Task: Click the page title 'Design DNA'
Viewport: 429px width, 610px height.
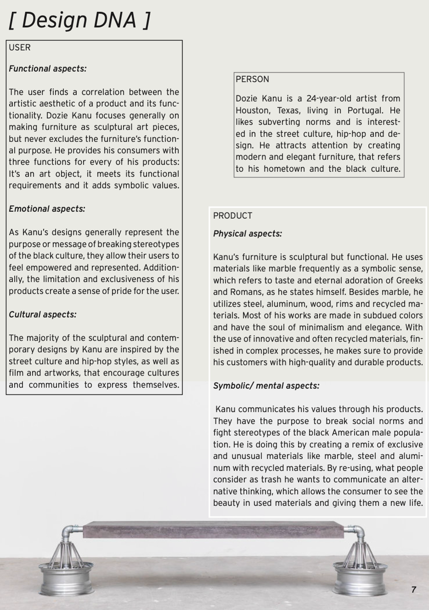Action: [80, 21]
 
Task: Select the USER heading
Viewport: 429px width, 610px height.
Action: [20, 47]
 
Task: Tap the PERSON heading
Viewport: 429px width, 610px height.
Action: [252, 79]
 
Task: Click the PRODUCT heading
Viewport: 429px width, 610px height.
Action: [232, 216]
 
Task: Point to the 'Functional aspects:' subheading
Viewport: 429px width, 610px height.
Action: [47, 68]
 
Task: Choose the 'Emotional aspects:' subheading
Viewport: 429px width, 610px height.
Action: [47, 209]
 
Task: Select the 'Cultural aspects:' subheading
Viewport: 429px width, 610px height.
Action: [42, 314]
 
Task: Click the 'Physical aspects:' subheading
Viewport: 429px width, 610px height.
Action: [247, 234]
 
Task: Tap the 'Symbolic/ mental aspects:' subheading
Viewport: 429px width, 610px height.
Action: [266, 386]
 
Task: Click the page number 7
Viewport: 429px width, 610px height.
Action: [414, 589]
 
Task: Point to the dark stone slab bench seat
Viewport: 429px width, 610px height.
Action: [213, 530]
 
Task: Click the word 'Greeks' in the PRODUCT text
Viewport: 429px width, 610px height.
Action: [408, 280]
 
